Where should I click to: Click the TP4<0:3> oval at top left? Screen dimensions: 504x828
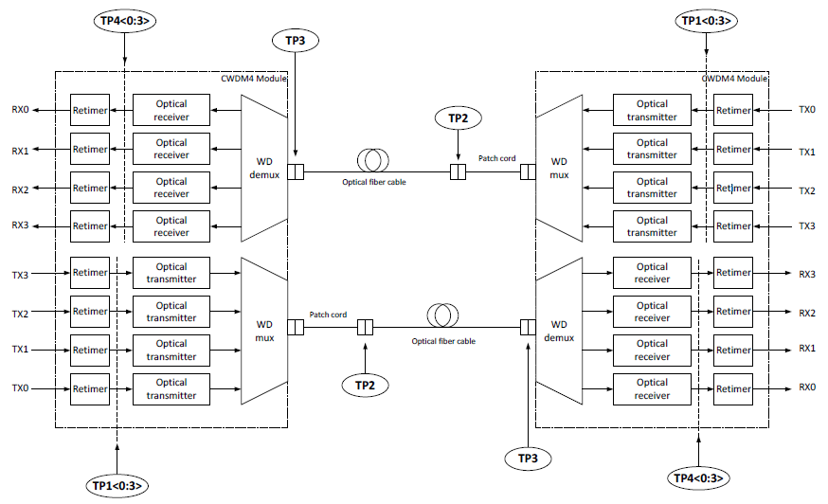pos(125,20)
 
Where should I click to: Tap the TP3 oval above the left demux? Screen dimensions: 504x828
pos(295,41)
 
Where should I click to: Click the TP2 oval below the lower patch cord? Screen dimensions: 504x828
pos(366,385)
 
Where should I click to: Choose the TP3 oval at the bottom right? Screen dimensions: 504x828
pos(528,459)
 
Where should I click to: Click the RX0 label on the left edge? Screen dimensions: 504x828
pos(20,110)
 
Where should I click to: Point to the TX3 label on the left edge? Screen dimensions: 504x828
pos(20,274)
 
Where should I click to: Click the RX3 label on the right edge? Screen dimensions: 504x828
pos(806,274)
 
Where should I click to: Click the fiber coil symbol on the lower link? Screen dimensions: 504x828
pos(442,315)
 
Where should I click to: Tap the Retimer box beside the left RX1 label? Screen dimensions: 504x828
pos(90,149)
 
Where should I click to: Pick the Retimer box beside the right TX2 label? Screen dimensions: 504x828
pos(733,188)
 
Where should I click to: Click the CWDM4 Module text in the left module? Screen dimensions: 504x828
pos(253,78)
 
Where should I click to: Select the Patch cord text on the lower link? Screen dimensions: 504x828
pos(328,315)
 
